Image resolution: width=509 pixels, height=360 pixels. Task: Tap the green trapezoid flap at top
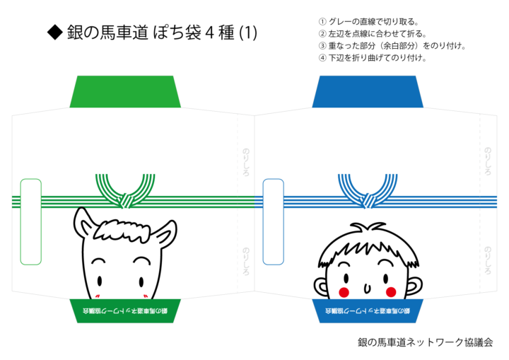coord(125,91)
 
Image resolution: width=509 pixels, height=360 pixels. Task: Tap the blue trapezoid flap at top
coord(368,91)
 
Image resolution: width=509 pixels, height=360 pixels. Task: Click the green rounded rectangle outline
coord(31,221)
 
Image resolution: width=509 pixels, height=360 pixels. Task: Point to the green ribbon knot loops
coord(125,192)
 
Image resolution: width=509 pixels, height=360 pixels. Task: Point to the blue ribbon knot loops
coord(368,192)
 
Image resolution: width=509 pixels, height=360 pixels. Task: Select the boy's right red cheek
coord(390,291)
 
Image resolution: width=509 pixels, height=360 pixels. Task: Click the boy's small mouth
coord(367,287)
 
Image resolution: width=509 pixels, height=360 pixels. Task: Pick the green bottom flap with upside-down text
coord(125,310)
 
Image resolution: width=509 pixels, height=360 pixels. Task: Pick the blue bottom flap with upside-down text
coord(368,310)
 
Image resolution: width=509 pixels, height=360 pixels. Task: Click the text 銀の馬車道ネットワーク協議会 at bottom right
coord(424,342)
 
